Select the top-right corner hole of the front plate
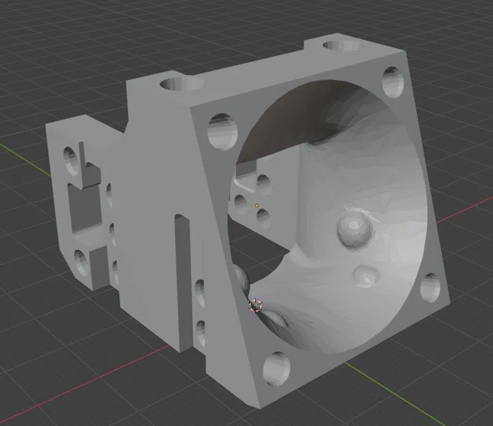[x=393, y=82]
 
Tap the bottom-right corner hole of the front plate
[x=431, y=289]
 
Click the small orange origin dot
[x=256, y=204]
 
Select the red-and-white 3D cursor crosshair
[x=255, y=306]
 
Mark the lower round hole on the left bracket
[x=80, y=262]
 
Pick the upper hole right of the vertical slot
[x=200, y=293]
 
